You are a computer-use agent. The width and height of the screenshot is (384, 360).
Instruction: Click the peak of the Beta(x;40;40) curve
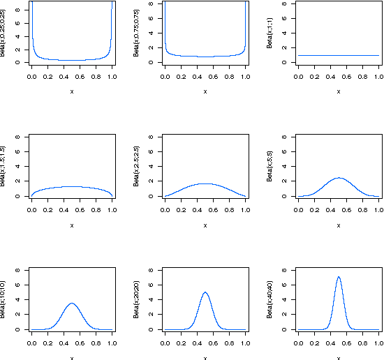tap(339, 277)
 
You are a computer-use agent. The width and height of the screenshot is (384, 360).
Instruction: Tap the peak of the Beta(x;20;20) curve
tap(205, 292)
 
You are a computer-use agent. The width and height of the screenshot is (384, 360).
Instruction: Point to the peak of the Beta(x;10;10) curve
tap(72, 303)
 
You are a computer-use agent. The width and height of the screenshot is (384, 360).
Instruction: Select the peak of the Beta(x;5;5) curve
tap(339, 177)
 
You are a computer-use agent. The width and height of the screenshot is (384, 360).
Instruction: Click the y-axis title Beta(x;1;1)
tap(271, 34)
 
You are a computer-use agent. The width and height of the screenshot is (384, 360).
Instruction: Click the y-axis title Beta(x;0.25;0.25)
tap(4, 34)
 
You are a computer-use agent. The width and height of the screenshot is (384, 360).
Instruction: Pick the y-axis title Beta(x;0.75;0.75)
tap(138, 34)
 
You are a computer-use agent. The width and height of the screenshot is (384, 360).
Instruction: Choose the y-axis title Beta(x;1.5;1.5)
tap(4, 167)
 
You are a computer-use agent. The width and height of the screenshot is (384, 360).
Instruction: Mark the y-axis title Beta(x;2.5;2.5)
tap(138, 167)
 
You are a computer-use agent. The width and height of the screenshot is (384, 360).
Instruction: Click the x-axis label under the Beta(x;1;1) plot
tap(339, 91)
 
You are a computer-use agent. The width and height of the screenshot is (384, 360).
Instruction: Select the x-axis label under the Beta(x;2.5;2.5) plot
tap(205, 225)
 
